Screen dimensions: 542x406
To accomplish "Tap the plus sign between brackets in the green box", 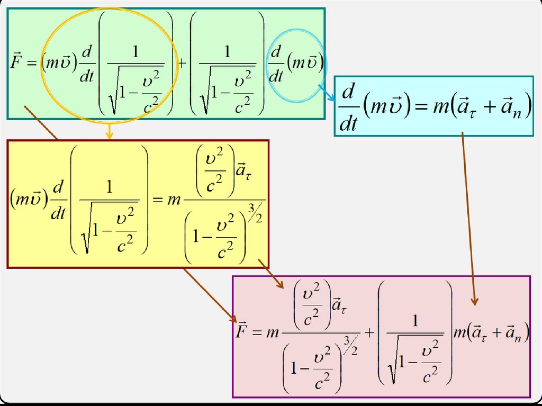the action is pos(182,62).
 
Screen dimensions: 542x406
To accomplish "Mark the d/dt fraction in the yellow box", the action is pos(58,201).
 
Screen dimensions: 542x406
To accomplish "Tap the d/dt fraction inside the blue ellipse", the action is pos(276,63).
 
